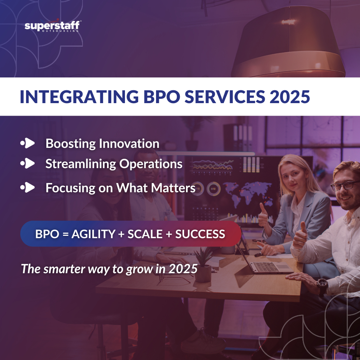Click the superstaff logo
point(53,26)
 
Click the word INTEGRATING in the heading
point(79,97)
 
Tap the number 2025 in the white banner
point(290,97)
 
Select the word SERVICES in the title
point(225,97)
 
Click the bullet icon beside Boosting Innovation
point(28,143)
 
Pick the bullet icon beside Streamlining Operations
point(28,163)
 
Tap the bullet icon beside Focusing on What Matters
point(28,187)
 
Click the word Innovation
point(129,144)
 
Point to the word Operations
point(151,164)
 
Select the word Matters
point(173,188)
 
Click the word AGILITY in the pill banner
point(93,234)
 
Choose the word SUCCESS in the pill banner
point(200,234)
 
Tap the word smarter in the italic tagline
point(64,269)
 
